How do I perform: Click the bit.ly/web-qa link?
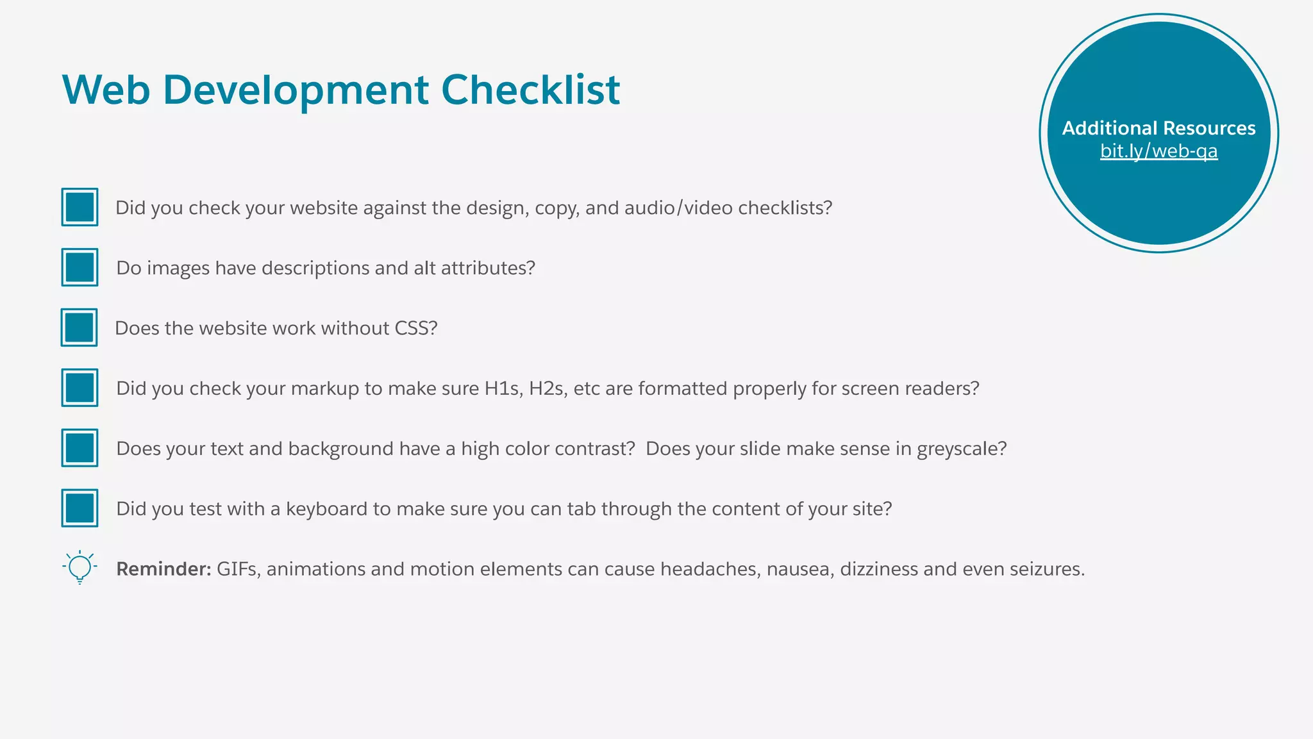click(x=1158, y=151)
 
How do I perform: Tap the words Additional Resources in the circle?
click(x=1158, y=128)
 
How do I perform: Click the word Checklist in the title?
click(x=530, y=89)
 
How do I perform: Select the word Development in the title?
click(x=296, y=89)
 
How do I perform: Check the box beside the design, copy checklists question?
click(x=80, y=207)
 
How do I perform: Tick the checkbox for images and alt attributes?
click(x=80, y=267)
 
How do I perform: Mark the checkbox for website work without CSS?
click(x=79, y=328)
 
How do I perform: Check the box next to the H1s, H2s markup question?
click(x=80, y=388)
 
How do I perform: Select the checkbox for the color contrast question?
click(x=80, y=448)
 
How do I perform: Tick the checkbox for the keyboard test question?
click(x=80, y=508)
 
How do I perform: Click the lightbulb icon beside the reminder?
click(x=80, y=567)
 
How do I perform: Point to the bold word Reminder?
click(x=163, y=569)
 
